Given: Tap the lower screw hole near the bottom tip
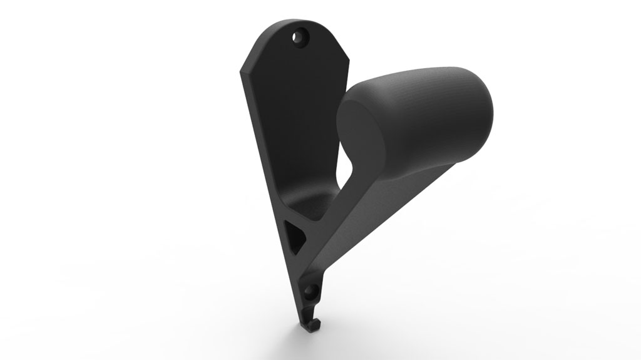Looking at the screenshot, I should (311, 291).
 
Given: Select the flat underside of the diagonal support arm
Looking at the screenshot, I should (369, 219).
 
